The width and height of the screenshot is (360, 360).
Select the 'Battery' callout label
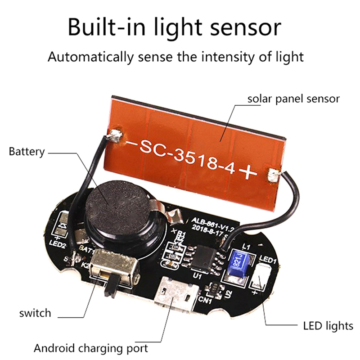(27, 152)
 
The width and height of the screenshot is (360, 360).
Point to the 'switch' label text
(35, 313)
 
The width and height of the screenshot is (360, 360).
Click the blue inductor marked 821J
(237, 263)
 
